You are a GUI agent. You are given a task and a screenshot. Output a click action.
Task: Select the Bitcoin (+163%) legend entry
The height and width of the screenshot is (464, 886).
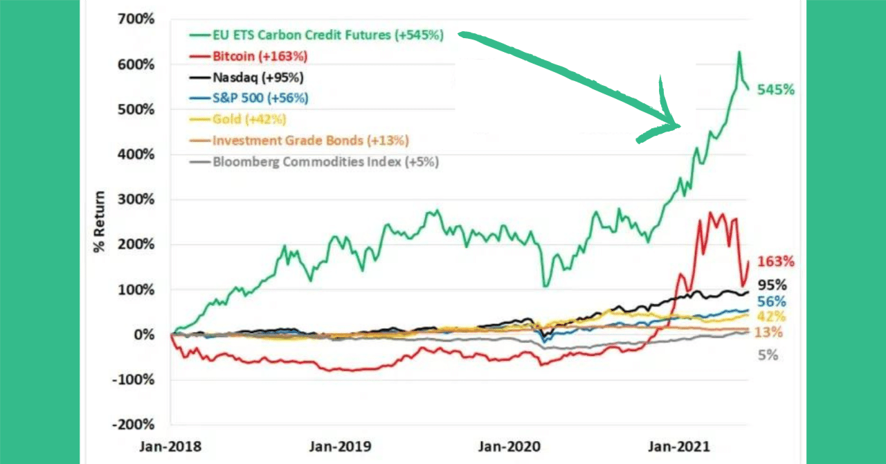(260, 55)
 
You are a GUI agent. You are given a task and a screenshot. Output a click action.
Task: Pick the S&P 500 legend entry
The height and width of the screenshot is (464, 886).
(260, 98)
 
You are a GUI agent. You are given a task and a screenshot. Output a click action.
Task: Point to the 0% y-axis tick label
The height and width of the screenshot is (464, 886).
(145, 334)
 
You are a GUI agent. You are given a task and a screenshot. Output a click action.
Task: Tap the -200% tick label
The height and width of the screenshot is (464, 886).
(136, 425)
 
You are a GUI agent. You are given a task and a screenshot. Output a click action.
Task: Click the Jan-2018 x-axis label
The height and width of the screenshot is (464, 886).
(170, 447)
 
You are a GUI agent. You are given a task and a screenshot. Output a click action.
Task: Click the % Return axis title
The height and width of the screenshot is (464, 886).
(99, 222)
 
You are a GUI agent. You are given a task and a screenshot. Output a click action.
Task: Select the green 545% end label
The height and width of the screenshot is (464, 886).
(775, 89)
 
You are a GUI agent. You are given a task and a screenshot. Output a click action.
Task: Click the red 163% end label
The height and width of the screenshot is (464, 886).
(775, 262)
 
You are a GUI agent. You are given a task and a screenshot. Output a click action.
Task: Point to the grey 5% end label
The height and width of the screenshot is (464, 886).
(768, 355)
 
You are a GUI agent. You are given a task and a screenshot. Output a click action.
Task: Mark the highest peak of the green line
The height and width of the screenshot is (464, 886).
(739, 52)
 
